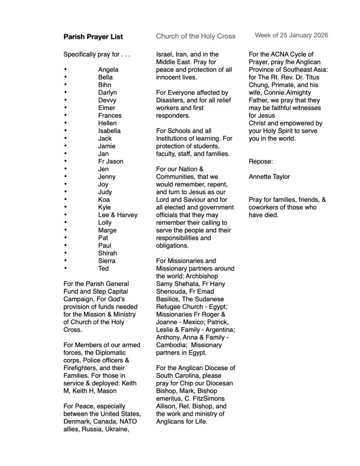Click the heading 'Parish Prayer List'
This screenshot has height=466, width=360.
tap(93, 36)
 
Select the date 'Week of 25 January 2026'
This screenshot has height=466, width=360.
tap(291, 35)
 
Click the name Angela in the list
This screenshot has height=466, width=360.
tap(108, 70)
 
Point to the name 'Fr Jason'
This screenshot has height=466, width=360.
tap(111, 162)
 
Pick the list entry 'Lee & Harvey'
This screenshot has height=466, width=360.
tap(117, 215)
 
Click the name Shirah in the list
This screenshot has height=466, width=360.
tap(107, 253)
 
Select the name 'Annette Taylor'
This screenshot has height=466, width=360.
tap(269, 177)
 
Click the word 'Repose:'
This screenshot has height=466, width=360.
tap(260, 161)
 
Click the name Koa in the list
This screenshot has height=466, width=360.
tap(104, 199)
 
